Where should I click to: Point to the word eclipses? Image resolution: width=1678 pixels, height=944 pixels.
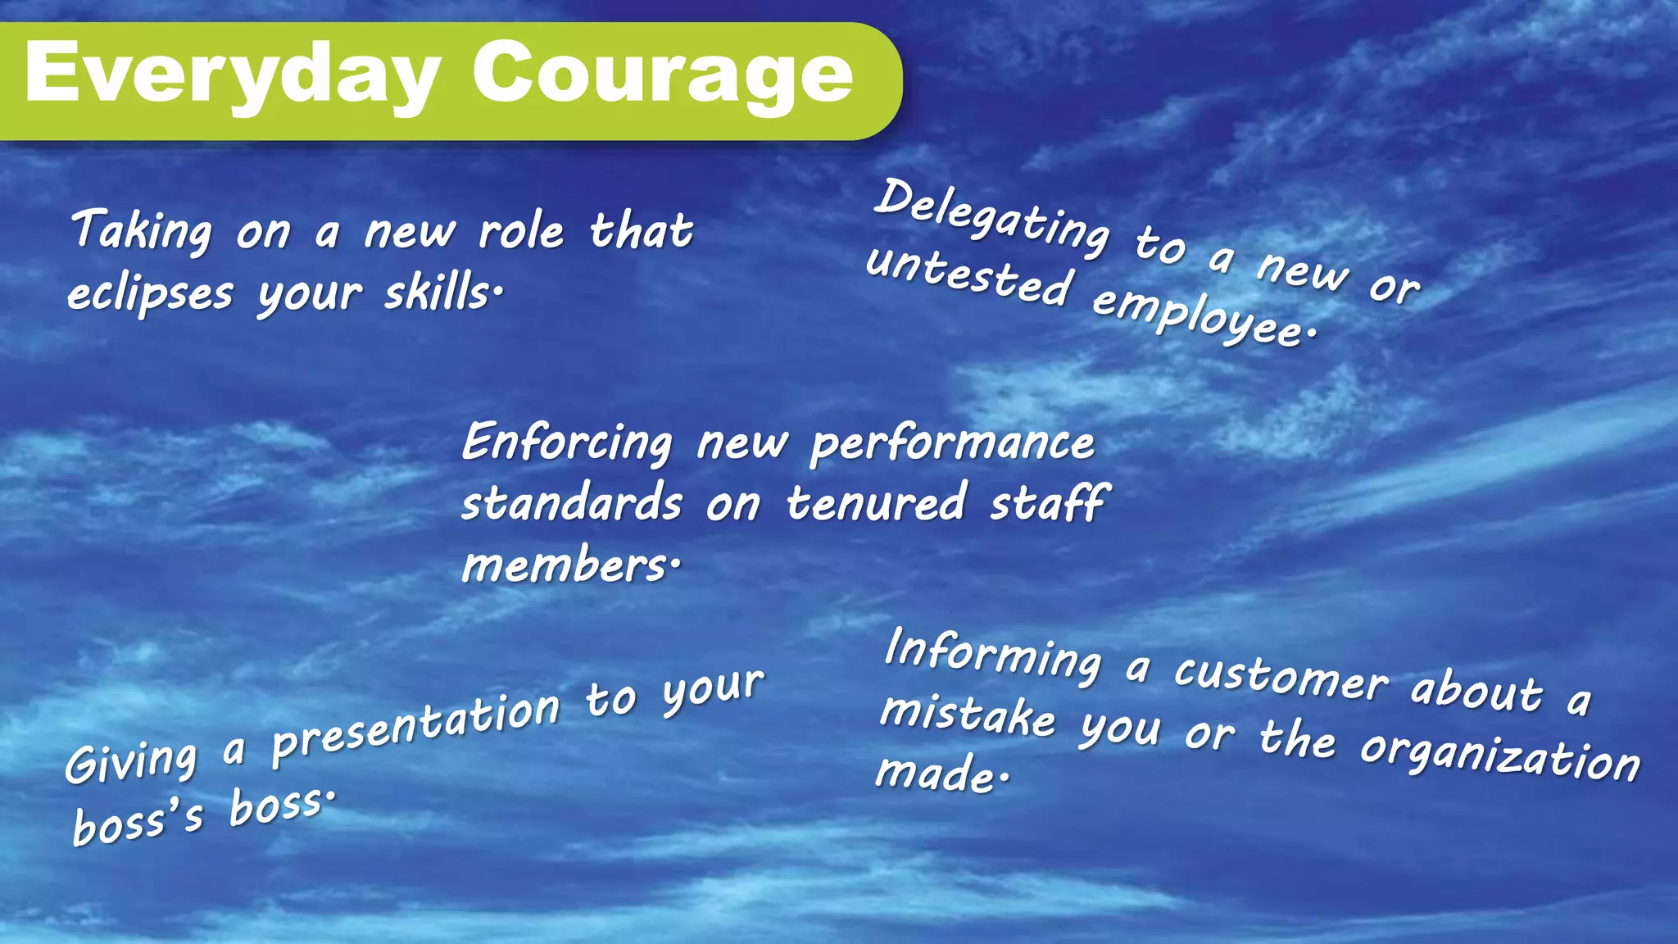tap(151, 293)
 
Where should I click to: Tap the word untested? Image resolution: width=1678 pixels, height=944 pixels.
tap(968, 275)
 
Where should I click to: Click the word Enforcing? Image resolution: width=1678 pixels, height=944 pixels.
tap(567, 442)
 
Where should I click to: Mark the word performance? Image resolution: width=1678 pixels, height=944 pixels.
tap(952, 445)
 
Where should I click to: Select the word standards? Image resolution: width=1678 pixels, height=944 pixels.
tap(571, 503)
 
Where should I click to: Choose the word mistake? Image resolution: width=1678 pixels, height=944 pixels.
tap(968, 713)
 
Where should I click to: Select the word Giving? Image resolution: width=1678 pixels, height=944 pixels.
tap(132, 761)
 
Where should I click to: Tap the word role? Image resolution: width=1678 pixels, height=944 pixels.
tap(521, 230)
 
